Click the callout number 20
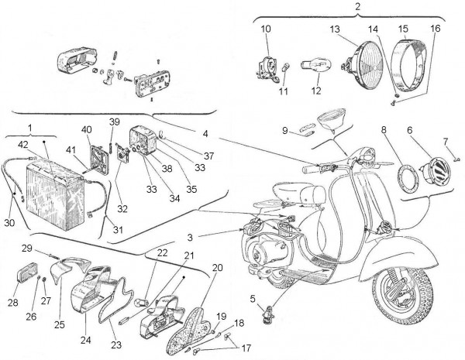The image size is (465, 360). pos(216,267)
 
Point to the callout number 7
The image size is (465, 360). pos(446,141)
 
